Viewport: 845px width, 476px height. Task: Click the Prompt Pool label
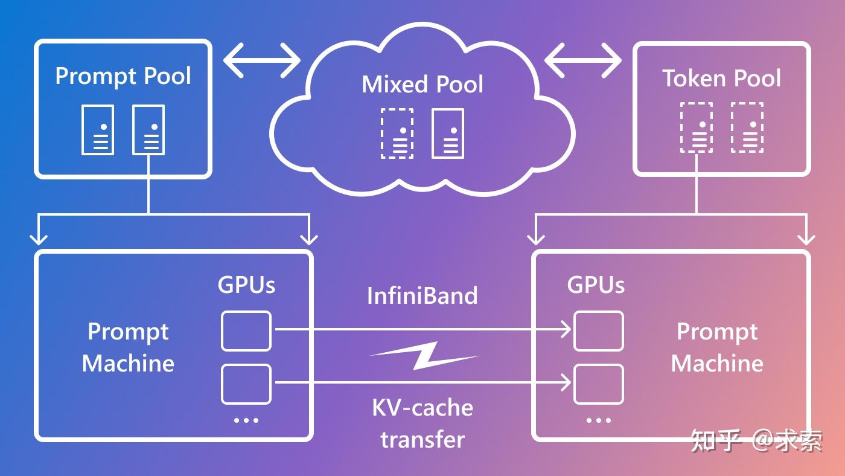pyautogui.click(x=123, y=77)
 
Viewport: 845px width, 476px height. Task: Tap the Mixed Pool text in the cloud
pyautogui.click(x=422, y=85)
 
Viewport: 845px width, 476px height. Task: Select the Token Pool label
pyautogui.click(x=721, y=79)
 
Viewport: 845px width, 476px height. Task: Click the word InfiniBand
pyautogui.click(x=422, y=296)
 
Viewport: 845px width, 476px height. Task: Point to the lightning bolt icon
pyautogui.click(x=424, y=355)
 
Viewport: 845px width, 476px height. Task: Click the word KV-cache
pyautogui.click(x=422, y=408)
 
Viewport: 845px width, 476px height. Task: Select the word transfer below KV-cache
pyautogui.click(x=422, y=439)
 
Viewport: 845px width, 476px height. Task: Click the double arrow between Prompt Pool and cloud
pyautogui.click(x=262, y=60)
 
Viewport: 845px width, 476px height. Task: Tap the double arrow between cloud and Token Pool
pyautogui.click(x=583, y=60)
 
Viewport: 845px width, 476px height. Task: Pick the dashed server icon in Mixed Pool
pyautogui.click(x=397, y=133)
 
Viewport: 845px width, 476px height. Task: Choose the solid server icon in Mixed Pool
pyautogui.click(x=448, y=133)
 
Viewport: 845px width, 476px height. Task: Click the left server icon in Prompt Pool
pyautogui.click(x=98, y=129)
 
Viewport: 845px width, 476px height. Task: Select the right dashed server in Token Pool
pyautogui.click(x=747, y=127)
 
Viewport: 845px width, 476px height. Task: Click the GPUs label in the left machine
pyautogui.click(x=246, y=285)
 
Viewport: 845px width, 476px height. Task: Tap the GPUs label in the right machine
pyautogui.click(x=596, y=285)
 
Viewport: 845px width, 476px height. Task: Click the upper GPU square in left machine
pyautogui.click(x=246, y=331)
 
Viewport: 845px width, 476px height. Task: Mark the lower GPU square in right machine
pyautogui.click(x=598, y=384)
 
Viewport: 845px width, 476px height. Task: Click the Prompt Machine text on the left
pyautogui.click(x=128, y=347)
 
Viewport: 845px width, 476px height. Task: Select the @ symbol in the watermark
pyautogui.click(x=765, y=440)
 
